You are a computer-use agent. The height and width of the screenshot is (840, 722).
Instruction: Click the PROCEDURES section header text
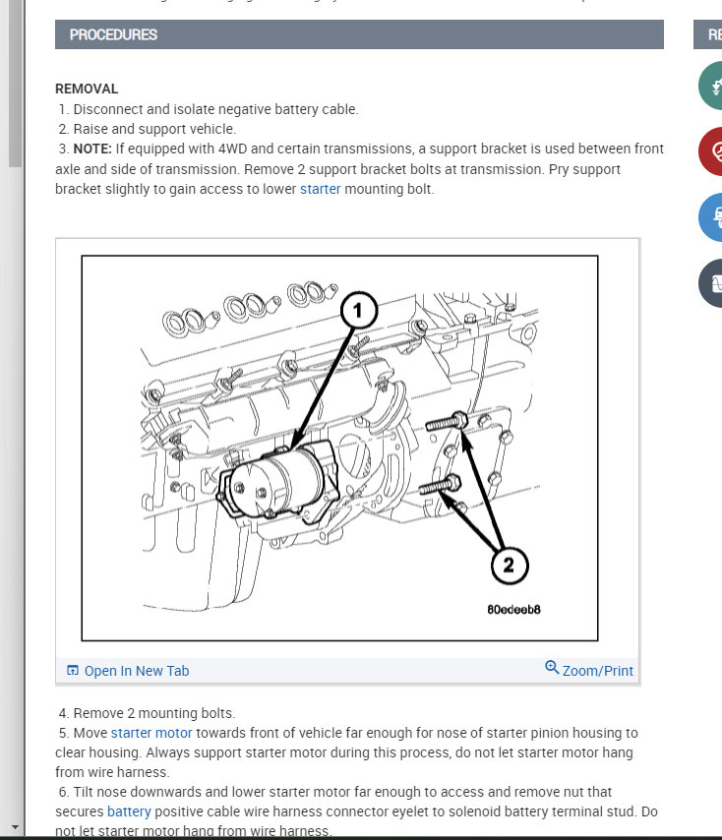click(113, 34)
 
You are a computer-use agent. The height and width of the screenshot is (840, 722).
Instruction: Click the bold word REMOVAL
click(87, 89)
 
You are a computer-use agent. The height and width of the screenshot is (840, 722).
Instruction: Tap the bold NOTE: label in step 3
click(96, 149)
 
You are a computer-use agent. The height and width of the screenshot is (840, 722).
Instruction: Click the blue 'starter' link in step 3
click(320, 189)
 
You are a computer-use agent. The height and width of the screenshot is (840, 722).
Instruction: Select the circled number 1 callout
click(358, 312)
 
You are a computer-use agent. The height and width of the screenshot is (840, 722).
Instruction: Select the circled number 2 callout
click(509, 565)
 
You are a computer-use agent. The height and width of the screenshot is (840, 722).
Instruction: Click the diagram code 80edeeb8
click(513, 609)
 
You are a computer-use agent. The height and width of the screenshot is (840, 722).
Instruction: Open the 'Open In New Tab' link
click(136, 671)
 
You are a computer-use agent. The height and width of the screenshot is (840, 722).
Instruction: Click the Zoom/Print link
click(597, 671)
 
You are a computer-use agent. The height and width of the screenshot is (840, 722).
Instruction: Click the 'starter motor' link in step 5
click(151, 733)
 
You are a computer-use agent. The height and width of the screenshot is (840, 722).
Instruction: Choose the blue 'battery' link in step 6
click(129, 811)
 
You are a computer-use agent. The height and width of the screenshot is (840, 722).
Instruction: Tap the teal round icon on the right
click(713, 86)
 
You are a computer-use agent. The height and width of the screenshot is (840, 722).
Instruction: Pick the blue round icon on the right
click(713, 216)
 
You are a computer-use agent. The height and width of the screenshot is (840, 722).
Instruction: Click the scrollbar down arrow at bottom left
click(14, 827)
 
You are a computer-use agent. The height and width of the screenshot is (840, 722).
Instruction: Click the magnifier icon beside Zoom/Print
click(552, 668)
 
